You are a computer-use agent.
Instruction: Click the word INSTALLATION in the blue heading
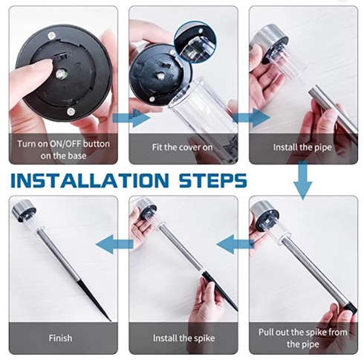coord(90,180)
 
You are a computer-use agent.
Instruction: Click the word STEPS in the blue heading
coord(213,180)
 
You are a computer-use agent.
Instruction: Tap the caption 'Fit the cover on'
coord(182,147)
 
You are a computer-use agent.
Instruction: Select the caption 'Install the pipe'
coord(302,147)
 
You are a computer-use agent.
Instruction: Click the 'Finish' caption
coord(60,338)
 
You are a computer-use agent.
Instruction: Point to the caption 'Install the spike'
coord(183,338)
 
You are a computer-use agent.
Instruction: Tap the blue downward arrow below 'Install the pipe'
coord(303,180)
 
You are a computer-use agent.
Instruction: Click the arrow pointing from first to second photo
coord(131,118)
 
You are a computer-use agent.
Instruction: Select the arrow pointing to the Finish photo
coord(114,245)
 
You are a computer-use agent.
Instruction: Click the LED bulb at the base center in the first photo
coord(61,74)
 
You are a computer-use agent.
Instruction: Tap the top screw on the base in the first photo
coord(52,35)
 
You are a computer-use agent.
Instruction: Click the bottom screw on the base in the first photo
coord(71,112)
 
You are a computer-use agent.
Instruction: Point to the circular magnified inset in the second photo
coord(195,42)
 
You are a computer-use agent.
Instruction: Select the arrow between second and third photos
coord(251,118)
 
